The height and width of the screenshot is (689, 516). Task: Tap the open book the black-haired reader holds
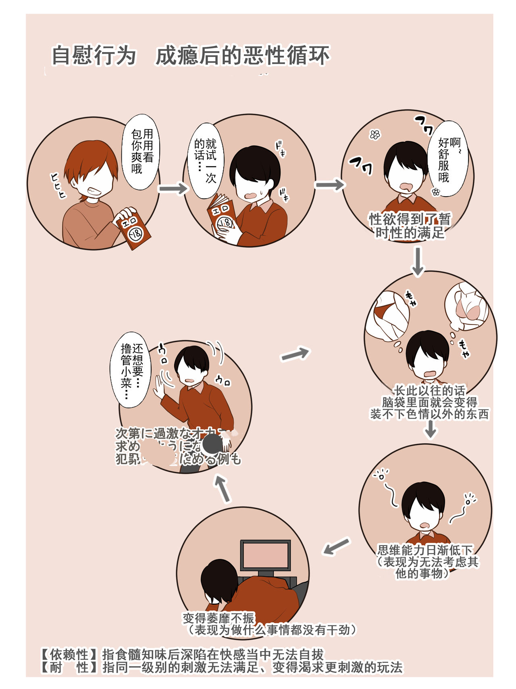(222, 218)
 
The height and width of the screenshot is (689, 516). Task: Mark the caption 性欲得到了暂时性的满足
(409, 226)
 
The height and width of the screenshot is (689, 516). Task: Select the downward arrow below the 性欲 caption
(418, 261)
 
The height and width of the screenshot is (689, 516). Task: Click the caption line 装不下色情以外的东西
(429, 414)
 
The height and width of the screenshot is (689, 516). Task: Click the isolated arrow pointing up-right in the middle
(295, 354)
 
